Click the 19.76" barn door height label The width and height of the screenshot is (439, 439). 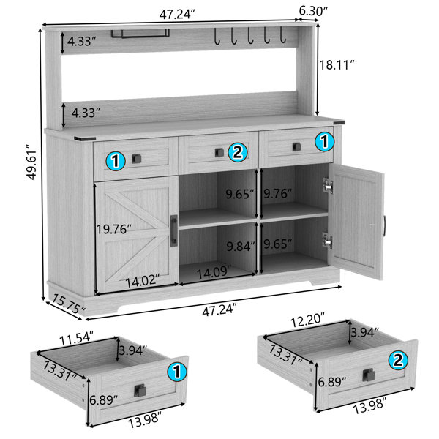click(x=115, y=230)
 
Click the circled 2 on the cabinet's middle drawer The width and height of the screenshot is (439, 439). click(x=236, y=152)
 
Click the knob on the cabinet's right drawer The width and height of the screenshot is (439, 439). click(x=296, y=146)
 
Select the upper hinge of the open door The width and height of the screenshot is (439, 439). click(x=328, y=187)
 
